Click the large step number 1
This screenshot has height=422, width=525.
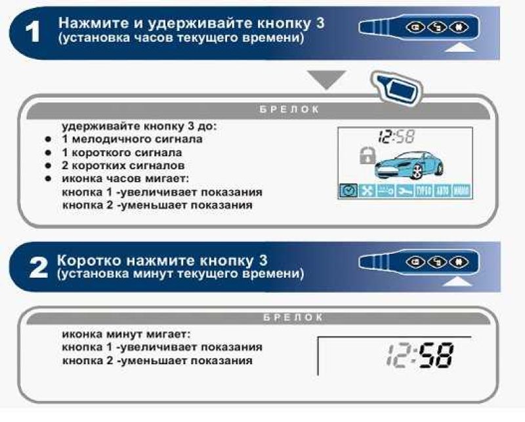tap(32, 32)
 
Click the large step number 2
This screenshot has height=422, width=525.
tap(35, 265)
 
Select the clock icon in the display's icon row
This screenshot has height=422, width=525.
tap(347, 190)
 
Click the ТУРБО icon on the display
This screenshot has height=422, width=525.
tap(423, 190)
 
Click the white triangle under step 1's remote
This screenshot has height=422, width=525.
tap(464, 47)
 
